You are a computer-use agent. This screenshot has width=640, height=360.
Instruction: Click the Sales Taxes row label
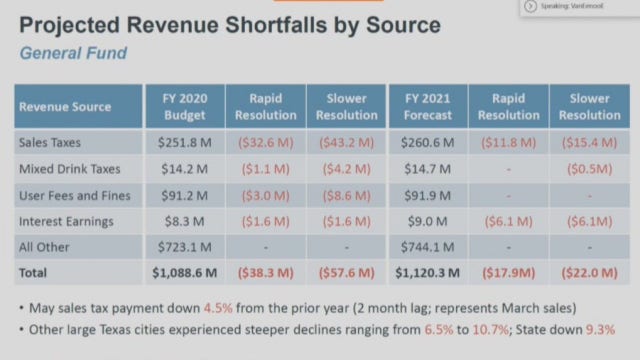[52, 142]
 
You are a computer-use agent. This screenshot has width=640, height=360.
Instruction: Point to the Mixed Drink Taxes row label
[71, 168]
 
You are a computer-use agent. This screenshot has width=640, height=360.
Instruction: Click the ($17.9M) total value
[510, 271]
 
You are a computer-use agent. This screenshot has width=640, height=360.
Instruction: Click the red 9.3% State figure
[598, 329]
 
